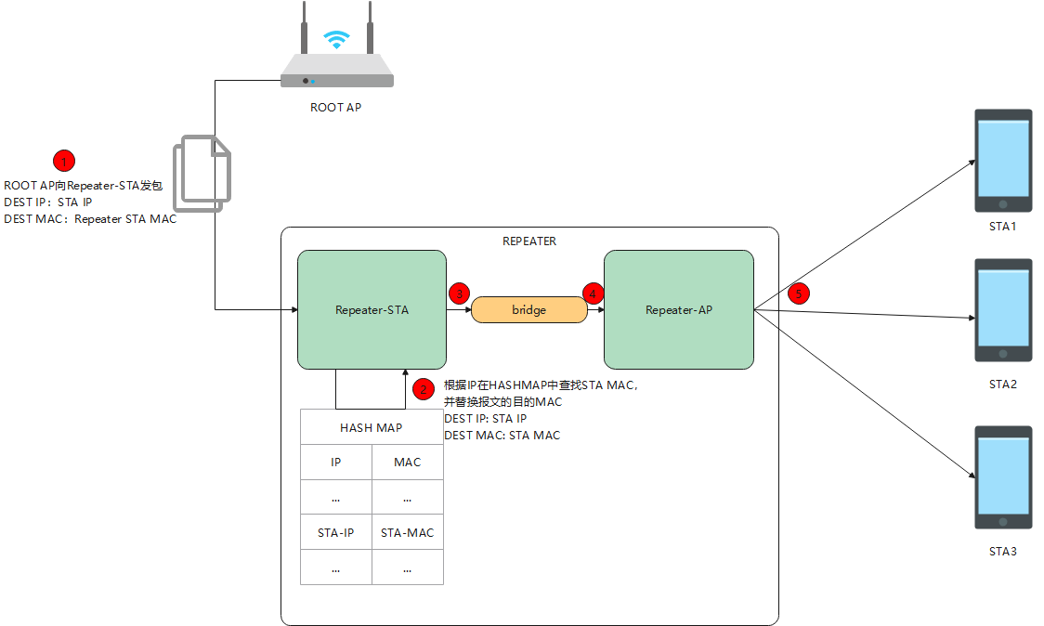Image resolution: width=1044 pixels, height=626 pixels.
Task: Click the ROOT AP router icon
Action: point(336,65)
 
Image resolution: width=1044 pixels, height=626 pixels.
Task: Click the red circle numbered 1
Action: point(64,161)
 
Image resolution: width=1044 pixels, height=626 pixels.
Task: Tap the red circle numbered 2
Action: point(423,389)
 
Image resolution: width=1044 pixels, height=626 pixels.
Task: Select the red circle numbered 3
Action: point(459,293)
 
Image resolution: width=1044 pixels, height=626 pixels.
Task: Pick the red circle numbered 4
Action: point(593,293)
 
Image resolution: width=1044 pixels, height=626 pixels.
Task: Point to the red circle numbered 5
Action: point(798,293)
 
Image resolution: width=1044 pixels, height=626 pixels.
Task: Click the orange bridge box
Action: point(529,309)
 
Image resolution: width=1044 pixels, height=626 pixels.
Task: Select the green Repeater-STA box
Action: point(372,309)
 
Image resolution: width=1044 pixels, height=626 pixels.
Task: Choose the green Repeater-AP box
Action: point(678,309)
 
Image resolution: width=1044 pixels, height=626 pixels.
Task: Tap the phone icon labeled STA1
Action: point(1002,161)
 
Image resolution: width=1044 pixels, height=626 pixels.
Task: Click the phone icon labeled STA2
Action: point(1002,310)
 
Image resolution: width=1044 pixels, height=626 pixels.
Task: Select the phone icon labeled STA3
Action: point(1002,477)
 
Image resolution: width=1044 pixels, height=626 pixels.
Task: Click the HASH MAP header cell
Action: point(372,427)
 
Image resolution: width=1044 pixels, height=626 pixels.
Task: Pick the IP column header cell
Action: point(335,462)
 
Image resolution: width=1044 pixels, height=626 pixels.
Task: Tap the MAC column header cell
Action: point(407,462)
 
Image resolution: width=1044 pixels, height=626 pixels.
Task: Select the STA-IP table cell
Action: point(335,532)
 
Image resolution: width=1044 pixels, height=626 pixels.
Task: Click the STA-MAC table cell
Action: point(407,532)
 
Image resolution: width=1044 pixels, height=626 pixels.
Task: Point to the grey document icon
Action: point(205,174)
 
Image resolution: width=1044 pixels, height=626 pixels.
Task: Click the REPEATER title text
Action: point(529,241)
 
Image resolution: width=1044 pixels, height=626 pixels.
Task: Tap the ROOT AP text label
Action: point(335,108)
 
